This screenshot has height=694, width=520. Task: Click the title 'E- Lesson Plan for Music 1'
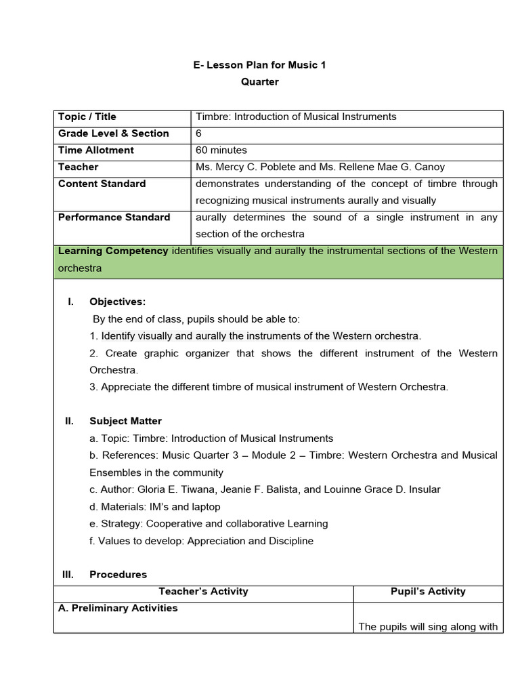click(x=260, y=65)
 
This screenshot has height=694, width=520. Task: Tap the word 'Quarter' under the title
click(x=260, y=82)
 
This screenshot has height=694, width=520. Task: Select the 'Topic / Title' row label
click(x=87, y=117)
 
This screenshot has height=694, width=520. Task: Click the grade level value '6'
click(x=199, y=134)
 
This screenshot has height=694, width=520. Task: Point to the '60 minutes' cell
click(x=221, y=150)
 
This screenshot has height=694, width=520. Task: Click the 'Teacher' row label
click(x=79, y=167)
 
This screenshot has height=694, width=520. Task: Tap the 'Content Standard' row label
click(x=102, y=184)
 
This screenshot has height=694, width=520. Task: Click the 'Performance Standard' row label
click(x=114, y=218)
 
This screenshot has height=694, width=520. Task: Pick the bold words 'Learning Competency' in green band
click(x=113, y=251)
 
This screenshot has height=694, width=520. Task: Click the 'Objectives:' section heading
click(x=117, y=302)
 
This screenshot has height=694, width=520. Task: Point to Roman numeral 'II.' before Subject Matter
click(x=69, y=421)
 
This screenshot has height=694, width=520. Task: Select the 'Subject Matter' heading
click(x=125, y=421)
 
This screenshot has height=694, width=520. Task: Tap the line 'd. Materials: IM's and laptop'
click(x=155, y=506)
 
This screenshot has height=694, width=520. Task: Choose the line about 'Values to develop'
click(x=201, y=541)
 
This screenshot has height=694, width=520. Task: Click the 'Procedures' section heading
click(x=118, y=574)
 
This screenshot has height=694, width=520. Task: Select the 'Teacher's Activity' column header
click(x=203, y=592)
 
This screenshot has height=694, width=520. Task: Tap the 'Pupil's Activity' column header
click(x=428, y=592)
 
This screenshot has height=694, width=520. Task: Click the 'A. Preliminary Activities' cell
click(x=118, y=608)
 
